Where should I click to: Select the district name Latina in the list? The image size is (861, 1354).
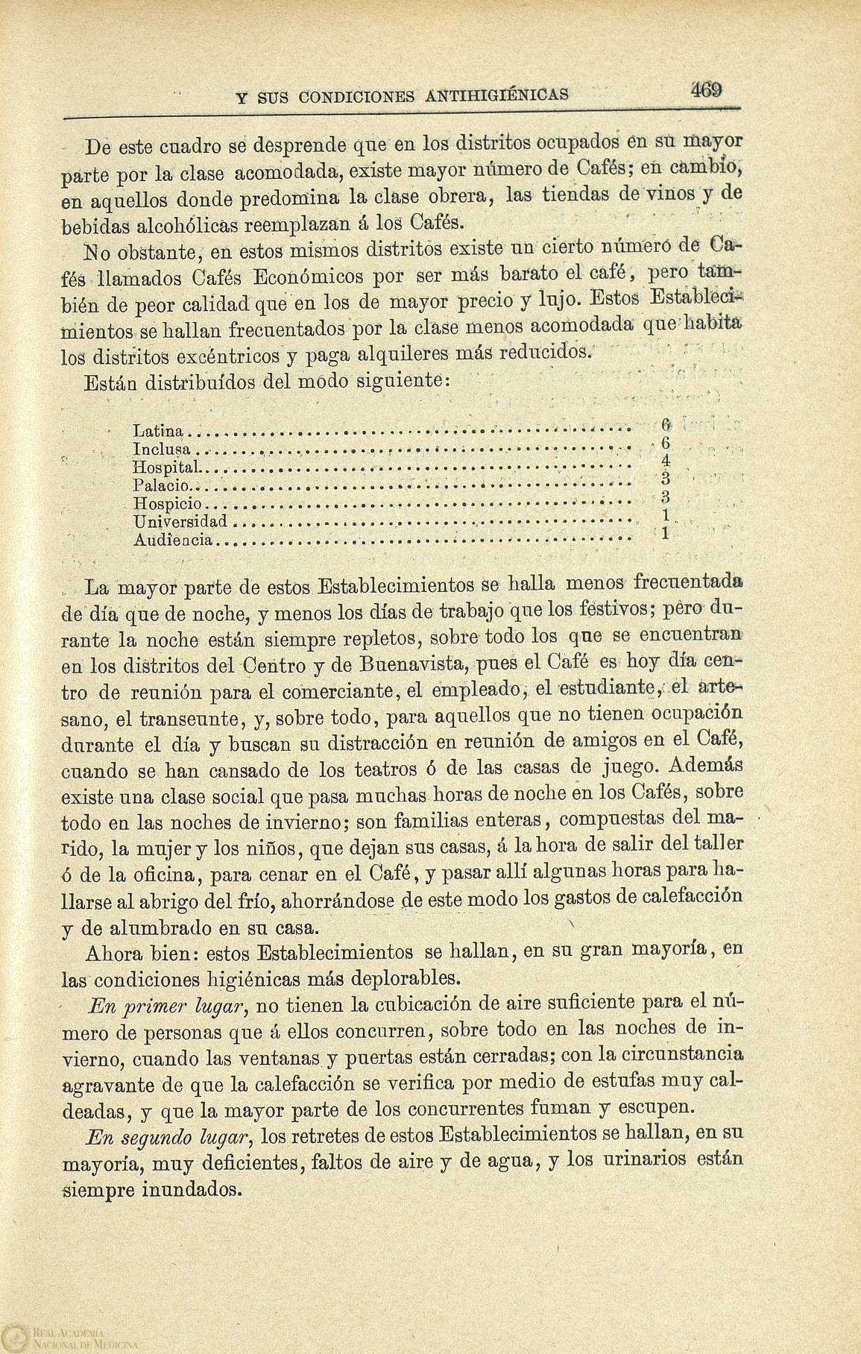tap(158, 431)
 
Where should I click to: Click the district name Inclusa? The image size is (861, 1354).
tap(162, 450)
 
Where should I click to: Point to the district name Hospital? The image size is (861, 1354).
tap(165, 467)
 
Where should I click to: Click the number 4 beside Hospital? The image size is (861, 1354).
tap(666, 463)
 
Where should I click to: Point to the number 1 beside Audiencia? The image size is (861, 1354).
tap(666, 533)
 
